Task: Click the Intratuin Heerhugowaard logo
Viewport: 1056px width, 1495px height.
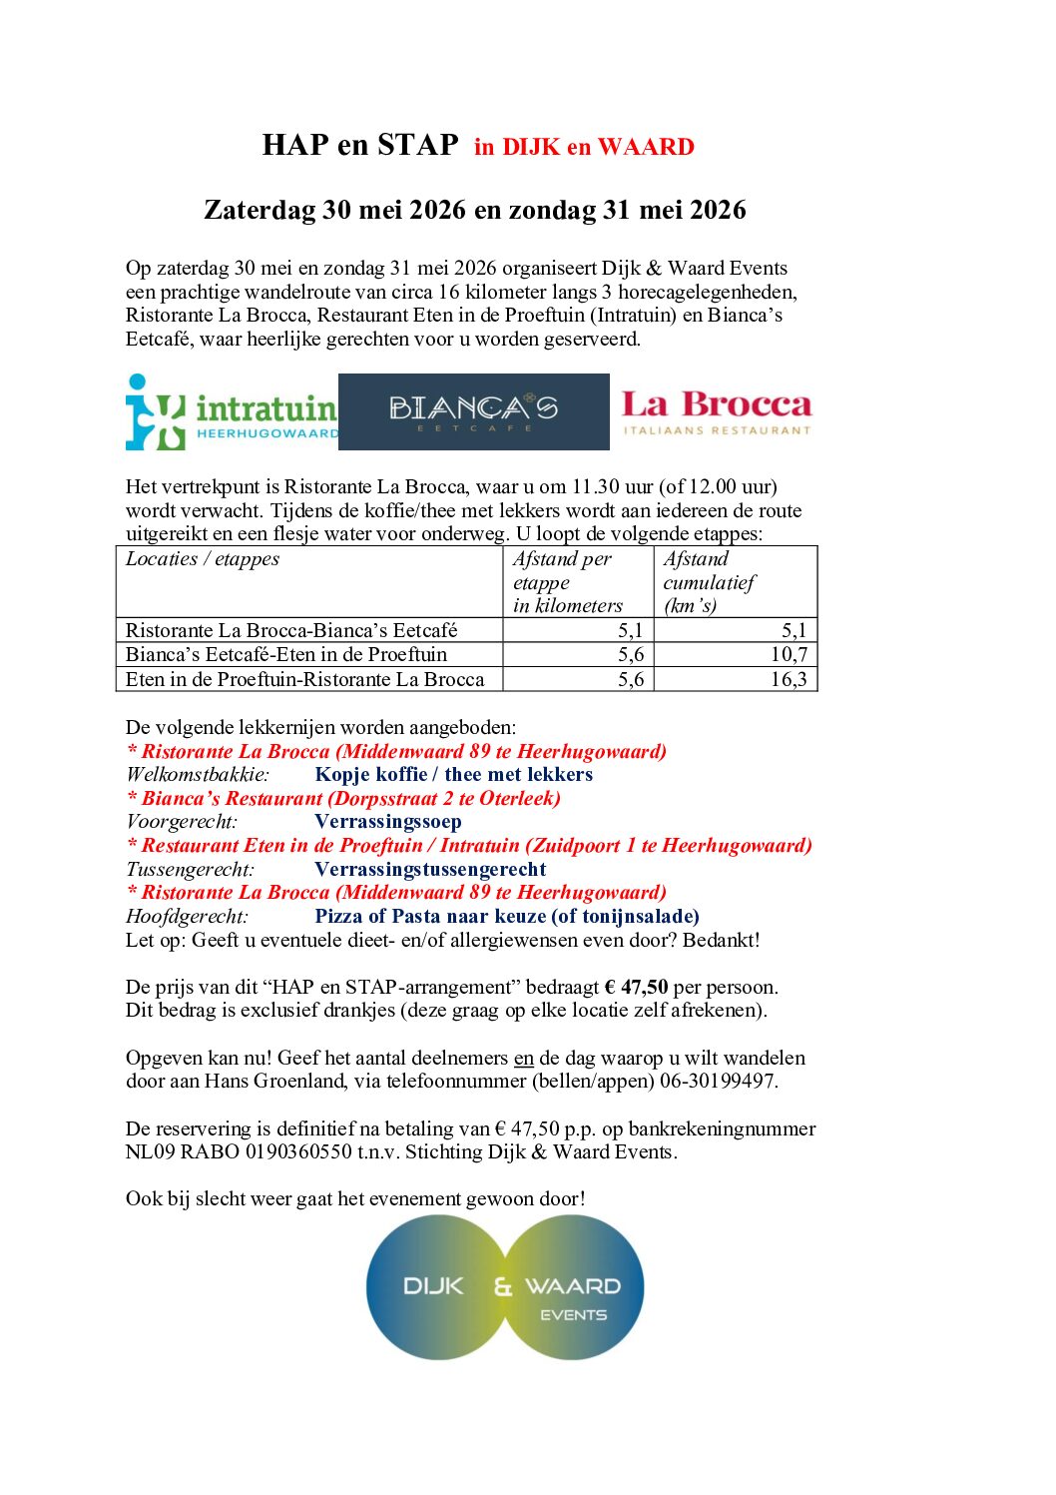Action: tap(232, 411)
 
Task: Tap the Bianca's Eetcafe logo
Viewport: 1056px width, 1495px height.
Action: tap(473, 411)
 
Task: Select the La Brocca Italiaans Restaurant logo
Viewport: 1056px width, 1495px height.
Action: tap(717, 411)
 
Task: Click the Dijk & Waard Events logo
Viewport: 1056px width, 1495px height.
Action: tap(505, 1287)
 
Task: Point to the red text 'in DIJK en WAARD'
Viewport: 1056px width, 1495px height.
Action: tap(584, 147)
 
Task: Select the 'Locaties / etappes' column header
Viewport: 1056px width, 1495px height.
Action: tap(203, 559)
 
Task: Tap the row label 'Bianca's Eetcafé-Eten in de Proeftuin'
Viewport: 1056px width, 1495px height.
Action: tap(286, 654)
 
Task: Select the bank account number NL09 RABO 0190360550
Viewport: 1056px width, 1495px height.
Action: tap(239, 1151)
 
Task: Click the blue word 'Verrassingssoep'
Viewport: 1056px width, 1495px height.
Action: tap(388, 822)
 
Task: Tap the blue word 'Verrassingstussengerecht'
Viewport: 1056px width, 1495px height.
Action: tap(430, 869)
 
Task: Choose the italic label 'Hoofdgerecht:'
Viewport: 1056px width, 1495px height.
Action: tap(187, 916)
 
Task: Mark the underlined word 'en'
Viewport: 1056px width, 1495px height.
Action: tap(524, 1058)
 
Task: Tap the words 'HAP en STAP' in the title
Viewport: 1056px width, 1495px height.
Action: tap(360, 145)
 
